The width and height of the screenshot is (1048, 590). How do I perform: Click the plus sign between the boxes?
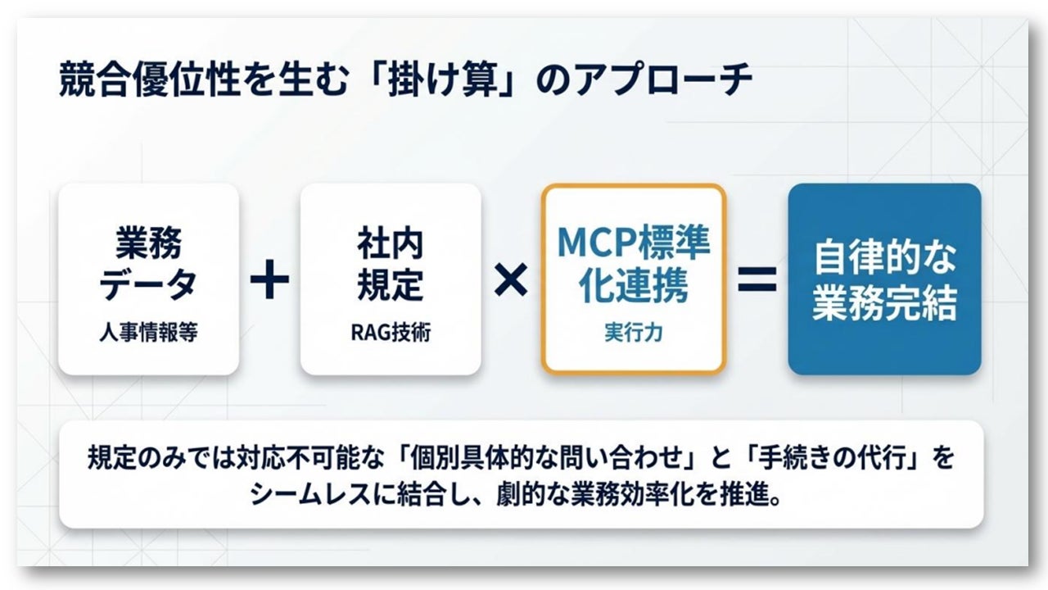269,281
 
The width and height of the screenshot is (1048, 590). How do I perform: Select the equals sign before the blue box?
757,279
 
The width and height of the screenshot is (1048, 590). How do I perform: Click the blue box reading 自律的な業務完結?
883,279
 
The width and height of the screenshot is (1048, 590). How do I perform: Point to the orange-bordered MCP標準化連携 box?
633,279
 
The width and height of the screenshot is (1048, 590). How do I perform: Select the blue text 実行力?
633,334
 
